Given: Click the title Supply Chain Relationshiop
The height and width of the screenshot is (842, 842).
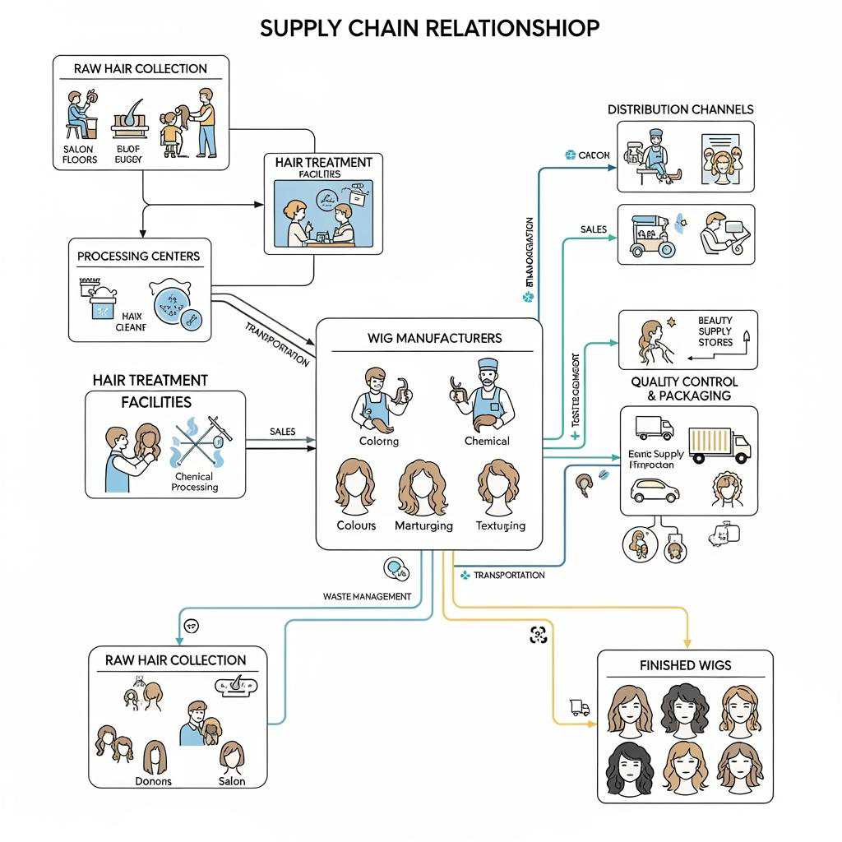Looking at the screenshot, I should (x=429, y=27).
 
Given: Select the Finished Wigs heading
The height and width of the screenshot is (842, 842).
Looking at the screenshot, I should (x=684, y=664).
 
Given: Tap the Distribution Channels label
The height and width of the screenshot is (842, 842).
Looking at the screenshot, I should (x=680, y=109).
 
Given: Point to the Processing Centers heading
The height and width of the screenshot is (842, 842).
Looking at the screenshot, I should (x=138, y=256).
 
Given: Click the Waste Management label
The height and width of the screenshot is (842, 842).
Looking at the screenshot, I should (x=367, y=596).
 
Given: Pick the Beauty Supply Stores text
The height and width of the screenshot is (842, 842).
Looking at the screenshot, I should (x=715, y=331).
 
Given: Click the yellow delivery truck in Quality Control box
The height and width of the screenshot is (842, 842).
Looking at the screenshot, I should (x=719, y=445).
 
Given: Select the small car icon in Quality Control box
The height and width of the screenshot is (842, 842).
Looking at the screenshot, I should (x=654, y=491).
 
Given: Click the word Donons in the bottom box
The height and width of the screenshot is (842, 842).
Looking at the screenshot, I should (x=153, y=780).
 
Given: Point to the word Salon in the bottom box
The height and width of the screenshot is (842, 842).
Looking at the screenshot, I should (x=232, y=780).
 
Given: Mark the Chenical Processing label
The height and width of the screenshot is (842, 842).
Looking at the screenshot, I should (x=195, y=482).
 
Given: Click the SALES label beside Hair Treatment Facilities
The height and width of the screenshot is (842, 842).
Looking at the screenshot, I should (x=282, y=431).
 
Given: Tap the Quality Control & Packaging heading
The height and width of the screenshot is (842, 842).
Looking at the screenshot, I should (x=684, y=388).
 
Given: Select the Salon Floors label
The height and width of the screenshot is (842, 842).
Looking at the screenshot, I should (x=80, y=154).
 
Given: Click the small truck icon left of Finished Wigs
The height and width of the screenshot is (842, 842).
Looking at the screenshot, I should (x=580, y=707).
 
